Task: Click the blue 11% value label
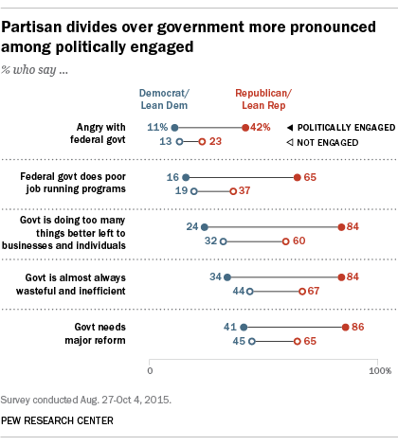tap(158, 127)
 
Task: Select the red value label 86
tap(359, 327)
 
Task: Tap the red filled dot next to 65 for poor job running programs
tap(298, 177)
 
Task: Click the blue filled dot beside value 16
tap(186, 177)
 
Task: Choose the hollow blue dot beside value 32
tap(224, 241)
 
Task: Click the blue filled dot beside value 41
tap(244, 327)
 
